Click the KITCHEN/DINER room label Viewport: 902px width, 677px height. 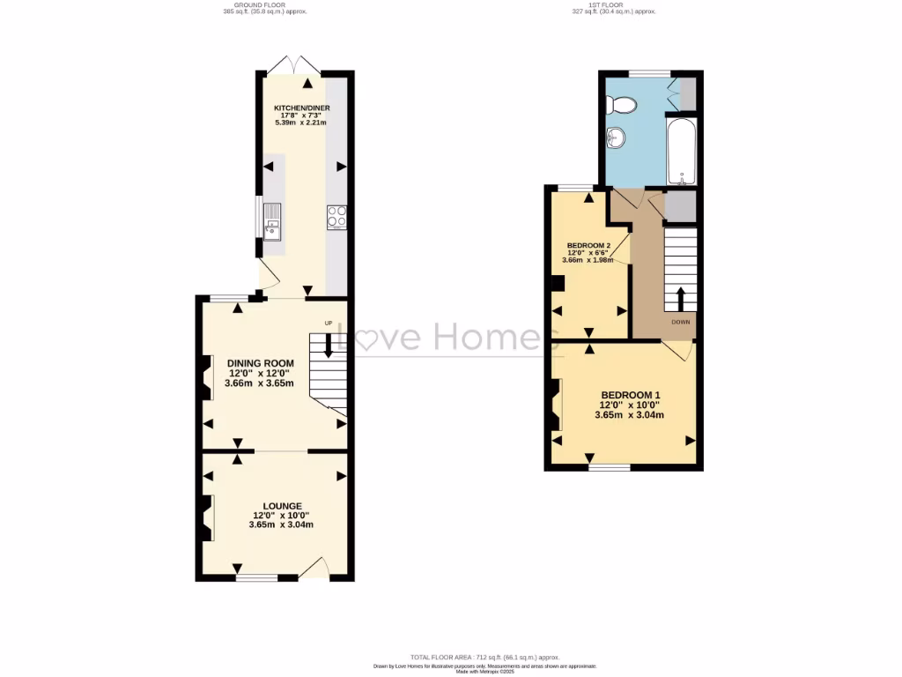tap(301, 108)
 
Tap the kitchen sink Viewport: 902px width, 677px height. tap(271, 220)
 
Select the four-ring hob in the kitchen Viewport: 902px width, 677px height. tap(336, 217)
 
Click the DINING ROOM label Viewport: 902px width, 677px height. tap(260, 363)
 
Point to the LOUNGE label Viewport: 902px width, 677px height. tap(281, 506)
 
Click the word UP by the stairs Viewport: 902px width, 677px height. tap(329, 324)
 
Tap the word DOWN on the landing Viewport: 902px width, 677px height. tap(681, 323)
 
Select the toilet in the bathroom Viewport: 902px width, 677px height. tap(624, 105)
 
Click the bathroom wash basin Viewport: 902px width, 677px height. tap(616, 138)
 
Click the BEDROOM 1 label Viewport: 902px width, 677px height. tap(630, 395)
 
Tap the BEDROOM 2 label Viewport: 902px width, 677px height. tap(588, 245)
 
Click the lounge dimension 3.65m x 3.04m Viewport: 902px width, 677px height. tap(281, 524)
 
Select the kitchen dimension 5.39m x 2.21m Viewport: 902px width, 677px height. tap(301, 123)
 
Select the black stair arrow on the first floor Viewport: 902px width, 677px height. tap(680, 297)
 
